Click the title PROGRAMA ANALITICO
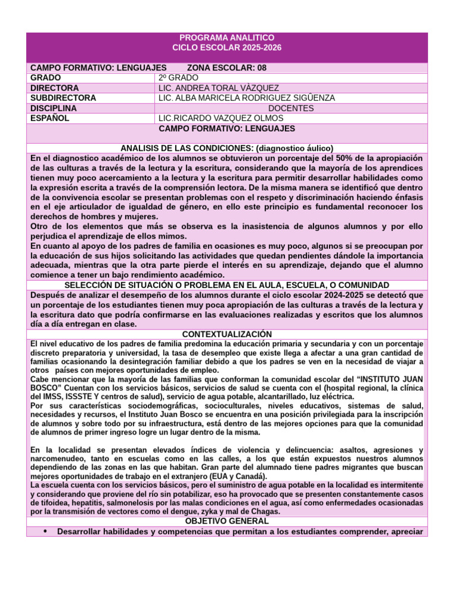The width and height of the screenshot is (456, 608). coord(227,37)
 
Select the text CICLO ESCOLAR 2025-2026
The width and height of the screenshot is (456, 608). coord(227,47)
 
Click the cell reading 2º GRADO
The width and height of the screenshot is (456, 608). coord(178,78)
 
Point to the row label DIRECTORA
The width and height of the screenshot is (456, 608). coord(54,88)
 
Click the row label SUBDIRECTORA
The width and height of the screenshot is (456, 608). coord(63,98)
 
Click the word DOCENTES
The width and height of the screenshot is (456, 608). coord(291,108)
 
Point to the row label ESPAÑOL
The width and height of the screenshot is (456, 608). coord(50,118)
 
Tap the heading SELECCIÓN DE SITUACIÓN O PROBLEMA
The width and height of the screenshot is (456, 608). coord(227,286)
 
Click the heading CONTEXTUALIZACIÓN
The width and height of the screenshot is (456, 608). coord(227,335)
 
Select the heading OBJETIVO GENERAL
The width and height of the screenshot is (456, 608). coord(227,521)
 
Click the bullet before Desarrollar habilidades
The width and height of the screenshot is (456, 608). coord(46,531)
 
